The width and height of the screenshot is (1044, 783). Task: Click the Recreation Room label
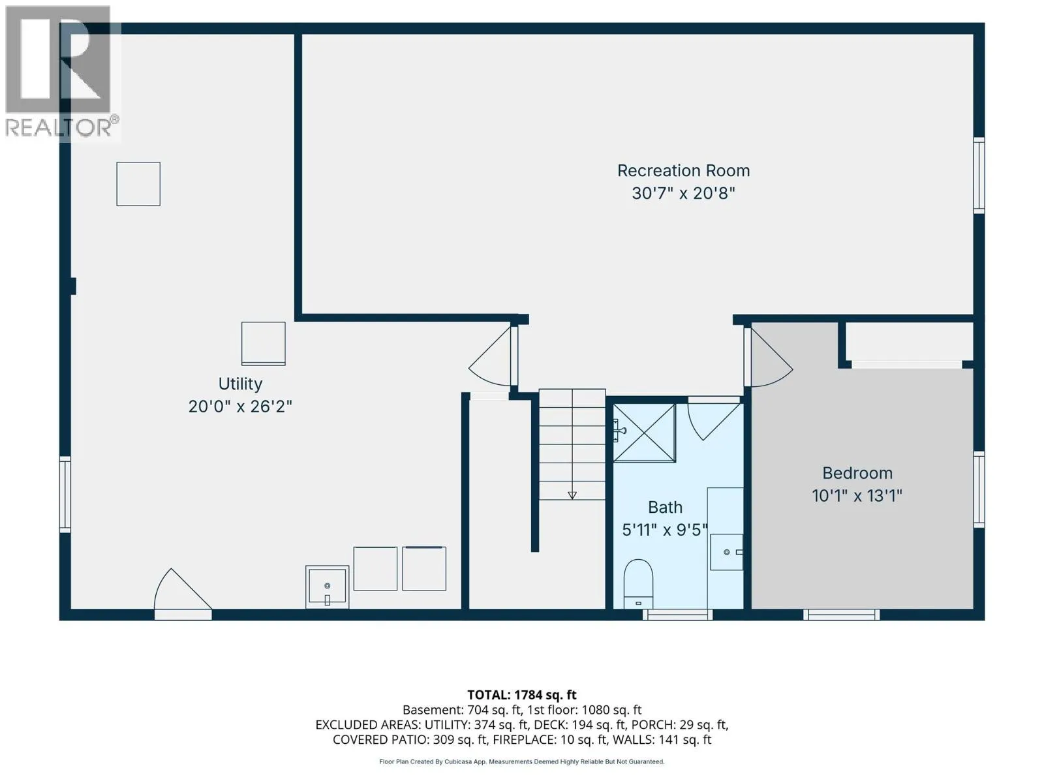[683, 170]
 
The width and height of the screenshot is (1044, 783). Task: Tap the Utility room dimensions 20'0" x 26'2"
[239, 407]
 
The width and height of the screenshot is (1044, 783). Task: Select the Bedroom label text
[857, 473]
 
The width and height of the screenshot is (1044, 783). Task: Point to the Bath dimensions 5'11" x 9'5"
[665, 530]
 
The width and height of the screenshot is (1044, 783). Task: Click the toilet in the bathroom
[637, 584]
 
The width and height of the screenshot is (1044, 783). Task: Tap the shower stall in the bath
[644, 433]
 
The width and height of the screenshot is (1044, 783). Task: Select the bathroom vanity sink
[726, 552]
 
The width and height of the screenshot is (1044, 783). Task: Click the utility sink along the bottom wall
[328, 587]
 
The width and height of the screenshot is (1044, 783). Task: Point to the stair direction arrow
[572, 495]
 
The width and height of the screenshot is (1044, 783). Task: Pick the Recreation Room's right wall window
[978, 176]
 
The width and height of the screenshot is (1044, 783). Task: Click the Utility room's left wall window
[65, 495]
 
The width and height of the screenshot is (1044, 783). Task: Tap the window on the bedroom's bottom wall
[841, 615]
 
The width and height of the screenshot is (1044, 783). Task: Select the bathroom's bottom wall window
[677, 615]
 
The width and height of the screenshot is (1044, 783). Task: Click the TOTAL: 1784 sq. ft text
[522, 695]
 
